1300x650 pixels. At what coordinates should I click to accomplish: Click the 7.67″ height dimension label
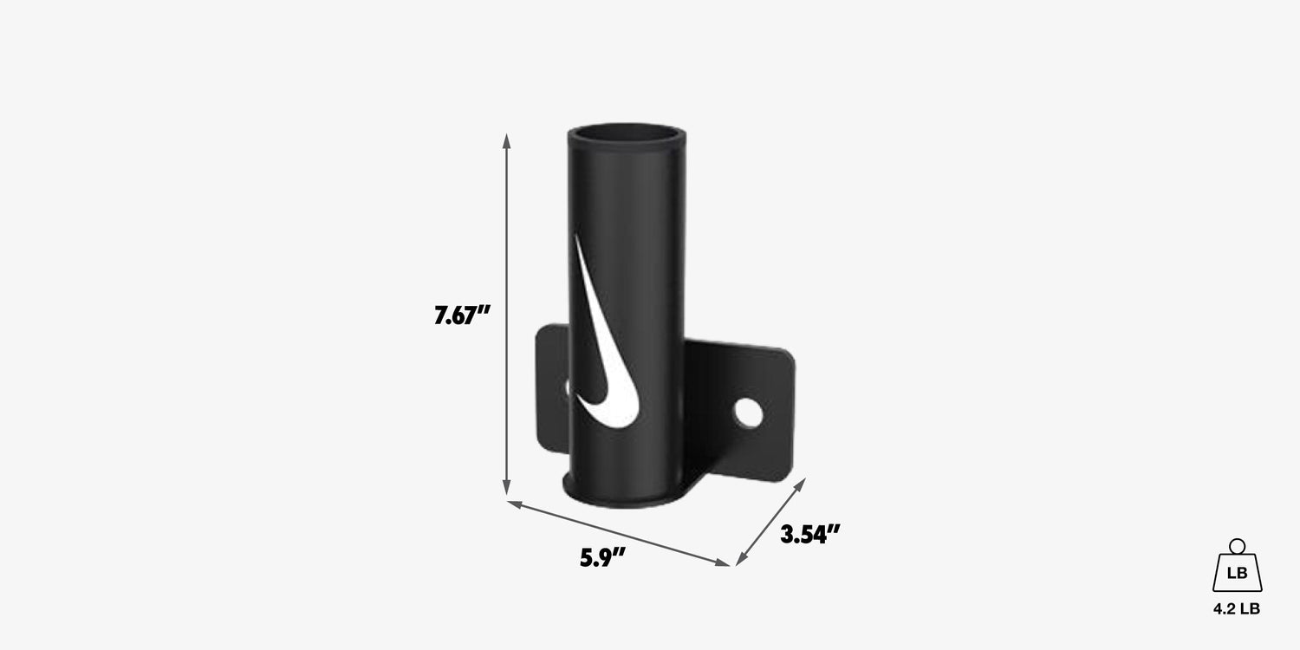click(462, 315)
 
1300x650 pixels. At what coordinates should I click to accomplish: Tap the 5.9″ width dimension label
click(602, 558)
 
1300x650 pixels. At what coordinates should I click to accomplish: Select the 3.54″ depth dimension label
click(810, 534)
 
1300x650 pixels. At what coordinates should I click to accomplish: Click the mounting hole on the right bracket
click(748, 413)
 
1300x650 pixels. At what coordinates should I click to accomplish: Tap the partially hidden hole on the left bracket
click(568, 387)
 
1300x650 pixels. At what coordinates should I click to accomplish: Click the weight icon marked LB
click(1237, 565)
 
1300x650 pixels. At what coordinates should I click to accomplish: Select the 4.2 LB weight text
click(1237, 608)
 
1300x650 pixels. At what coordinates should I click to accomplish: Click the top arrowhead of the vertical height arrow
click(507, 140)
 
